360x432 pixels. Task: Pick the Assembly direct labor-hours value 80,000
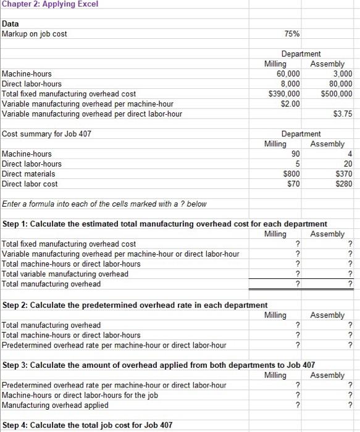(339, 83)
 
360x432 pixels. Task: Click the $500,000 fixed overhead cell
(337, 94)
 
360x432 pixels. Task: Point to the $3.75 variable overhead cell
(342, 114)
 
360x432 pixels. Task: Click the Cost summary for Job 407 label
(45, 133)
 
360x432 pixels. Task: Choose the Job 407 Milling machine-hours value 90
(295, 154)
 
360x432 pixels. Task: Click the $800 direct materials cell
(291, 174)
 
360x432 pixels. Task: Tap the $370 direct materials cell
(344, 174)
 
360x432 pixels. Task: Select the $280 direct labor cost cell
(344, 184)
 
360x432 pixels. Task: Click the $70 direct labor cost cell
(293, 184)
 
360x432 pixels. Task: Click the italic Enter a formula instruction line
(104, 204)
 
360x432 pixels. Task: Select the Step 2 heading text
(135, 305)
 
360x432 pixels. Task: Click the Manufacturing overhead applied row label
(56, 405)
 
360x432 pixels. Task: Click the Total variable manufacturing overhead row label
(65, 273)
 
